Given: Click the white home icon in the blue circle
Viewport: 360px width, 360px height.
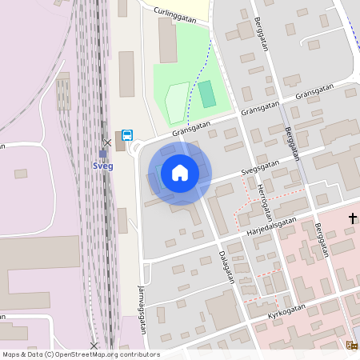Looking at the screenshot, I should (x=180, y=172).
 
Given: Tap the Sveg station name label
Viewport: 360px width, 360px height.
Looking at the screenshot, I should (x=103, y=166).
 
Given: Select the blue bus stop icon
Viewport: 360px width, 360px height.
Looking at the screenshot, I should (x=127, y=135).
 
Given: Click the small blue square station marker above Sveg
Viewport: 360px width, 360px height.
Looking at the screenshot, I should (x=102, y=154).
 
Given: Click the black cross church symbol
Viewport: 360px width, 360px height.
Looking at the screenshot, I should (x=352, y=218).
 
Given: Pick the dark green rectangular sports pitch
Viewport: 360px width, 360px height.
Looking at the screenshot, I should (x=207, y=94).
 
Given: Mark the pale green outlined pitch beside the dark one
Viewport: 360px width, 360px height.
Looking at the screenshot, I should (x=177, y=103).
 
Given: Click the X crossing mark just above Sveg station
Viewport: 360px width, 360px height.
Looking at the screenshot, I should (x=106, y=142).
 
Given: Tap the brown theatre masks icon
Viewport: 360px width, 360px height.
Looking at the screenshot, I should (x=351, y=345).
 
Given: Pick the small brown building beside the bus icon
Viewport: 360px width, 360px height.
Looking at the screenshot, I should (x=120, y=142).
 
